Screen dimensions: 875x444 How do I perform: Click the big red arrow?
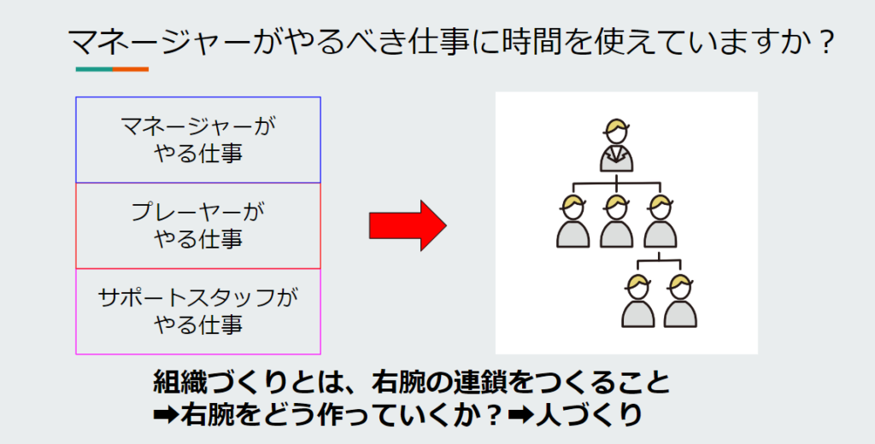point(408,226)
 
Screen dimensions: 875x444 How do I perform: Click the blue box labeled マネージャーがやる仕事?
point(198,140)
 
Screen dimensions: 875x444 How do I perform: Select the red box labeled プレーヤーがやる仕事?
point(198,226)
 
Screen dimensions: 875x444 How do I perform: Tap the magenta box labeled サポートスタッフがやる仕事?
point(198,312)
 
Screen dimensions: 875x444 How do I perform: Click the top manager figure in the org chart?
point(617,145)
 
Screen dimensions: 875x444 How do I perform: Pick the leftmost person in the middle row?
point(573,221)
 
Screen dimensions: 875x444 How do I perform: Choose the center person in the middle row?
point(616,221)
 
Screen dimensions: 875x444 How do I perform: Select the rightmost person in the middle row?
point(661,221)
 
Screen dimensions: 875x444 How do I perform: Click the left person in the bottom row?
point(637,301)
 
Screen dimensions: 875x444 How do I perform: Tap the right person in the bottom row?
point(680,301)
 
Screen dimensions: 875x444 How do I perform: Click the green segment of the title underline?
point(94,69)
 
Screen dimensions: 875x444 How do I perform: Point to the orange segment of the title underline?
point(131,69)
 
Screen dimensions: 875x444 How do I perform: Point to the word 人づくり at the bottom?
point(588,414)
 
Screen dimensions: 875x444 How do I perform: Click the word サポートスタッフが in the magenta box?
point(198,297)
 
